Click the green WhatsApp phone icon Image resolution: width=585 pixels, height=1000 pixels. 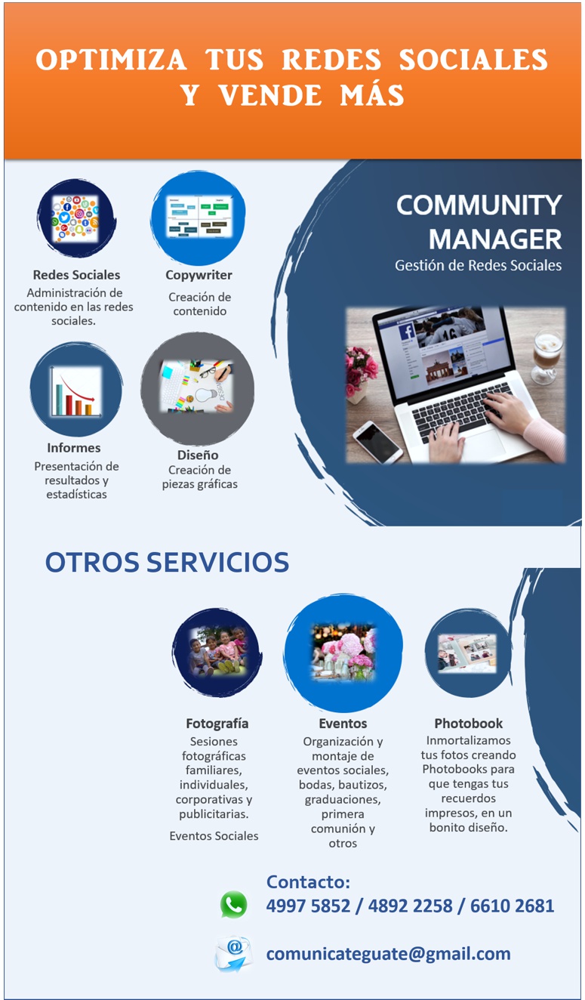click(233, 905)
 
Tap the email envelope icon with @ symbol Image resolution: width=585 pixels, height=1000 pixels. click(233, 954)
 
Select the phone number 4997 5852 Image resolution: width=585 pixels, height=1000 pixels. click(308, 906)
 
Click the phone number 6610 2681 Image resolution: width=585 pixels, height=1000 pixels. click(512, 906)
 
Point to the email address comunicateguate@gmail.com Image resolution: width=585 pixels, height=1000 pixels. click(388, 955)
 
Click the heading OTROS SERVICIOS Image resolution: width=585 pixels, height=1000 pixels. click(167, 562)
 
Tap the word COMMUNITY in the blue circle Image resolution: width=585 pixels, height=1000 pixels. click(479, 205)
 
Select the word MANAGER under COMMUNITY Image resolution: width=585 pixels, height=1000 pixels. click(495, 239)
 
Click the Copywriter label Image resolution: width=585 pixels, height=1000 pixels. click(199, 276)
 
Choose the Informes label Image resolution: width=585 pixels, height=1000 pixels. click(74, 448)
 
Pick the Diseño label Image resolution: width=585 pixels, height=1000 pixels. click(198, 455)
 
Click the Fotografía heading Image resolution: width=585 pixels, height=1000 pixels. click(217, 724)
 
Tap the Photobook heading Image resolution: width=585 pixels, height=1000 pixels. click(469, 724)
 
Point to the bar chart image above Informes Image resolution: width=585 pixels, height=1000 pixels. click(75, 392)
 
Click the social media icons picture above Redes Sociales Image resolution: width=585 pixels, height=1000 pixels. click(75, 219)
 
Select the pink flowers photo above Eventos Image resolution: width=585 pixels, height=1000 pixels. click(343, 653)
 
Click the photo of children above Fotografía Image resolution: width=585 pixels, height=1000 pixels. click(217, 652)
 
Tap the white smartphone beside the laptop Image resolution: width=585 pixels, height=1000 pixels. click(377, 442)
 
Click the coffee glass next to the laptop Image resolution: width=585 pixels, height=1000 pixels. click(547, 356)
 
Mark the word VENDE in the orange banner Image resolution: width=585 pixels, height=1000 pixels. click(270, 95)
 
